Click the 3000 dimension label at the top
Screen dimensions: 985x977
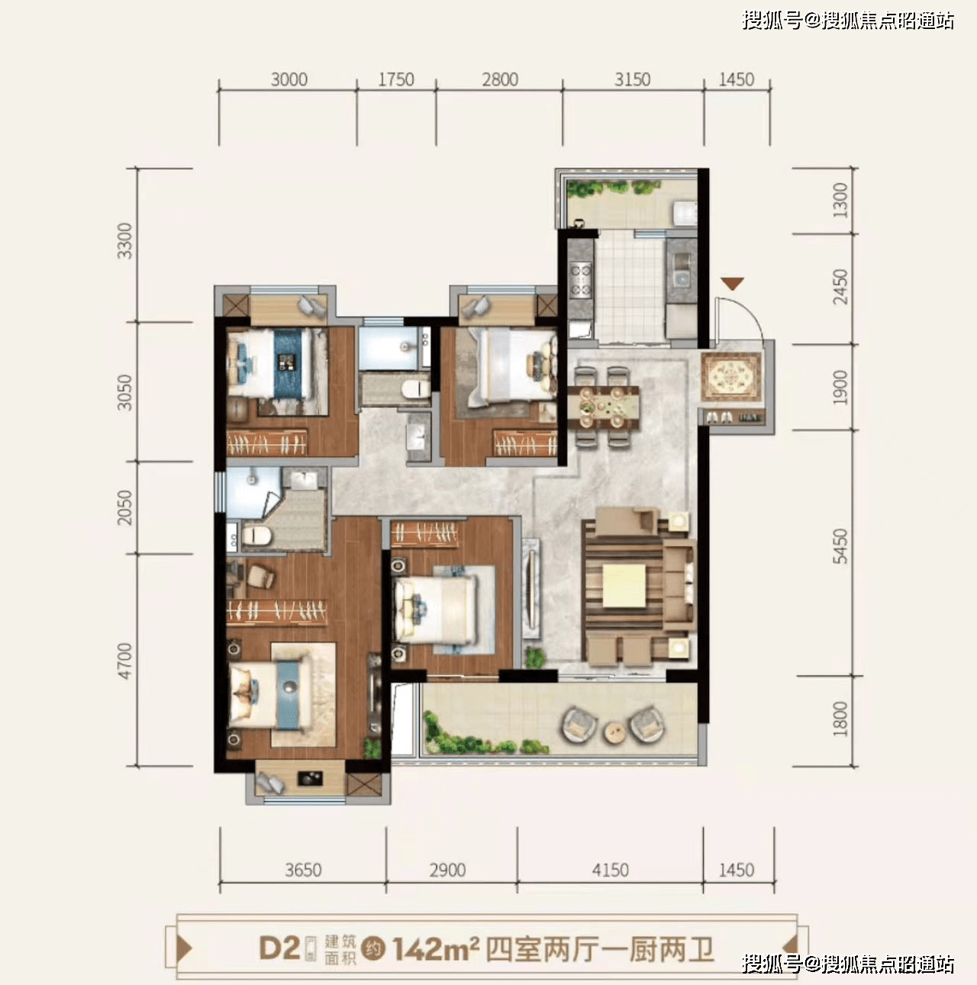289,79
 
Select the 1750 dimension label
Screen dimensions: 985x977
396,79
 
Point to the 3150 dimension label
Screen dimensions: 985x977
632,79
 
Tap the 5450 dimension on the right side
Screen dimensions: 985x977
840,546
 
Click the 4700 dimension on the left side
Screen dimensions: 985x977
124,661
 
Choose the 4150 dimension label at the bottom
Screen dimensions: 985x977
610,870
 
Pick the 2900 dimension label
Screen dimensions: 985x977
447,870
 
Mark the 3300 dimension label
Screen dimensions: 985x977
124,241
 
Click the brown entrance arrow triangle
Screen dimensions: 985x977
733,284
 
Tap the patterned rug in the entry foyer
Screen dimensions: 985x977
732,375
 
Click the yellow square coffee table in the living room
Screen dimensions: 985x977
624,586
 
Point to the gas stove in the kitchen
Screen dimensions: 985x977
580,278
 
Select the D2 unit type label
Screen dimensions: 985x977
279,948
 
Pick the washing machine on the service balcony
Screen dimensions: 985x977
684,213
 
